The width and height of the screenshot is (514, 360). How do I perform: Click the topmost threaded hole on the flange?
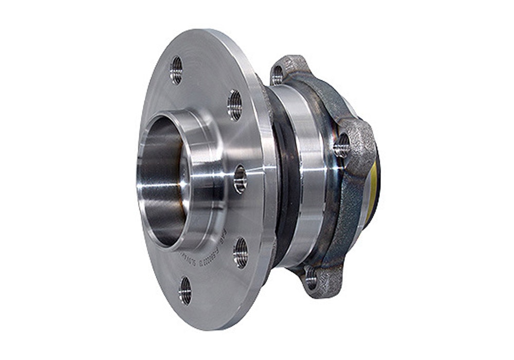(x=176, y=70)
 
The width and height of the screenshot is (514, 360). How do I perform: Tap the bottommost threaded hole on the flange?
(x=185, y=291)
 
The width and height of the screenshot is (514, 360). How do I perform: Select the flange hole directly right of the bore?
(x=240, y=179)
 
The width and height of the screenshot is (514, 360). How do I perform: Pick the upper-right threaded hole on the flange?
(x=235, y=105)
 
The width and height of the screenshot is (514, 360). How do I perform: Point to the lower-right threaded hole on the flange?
(x=241, y=253)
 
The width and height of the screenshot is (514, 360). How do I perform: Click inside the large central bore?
(x=161, y=180)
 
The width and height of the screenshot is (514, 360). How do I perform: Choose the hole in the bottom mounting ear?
(x=311, y=279)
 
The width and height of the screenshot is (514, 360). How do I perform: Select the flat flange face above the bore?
(x=206, y=87)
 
